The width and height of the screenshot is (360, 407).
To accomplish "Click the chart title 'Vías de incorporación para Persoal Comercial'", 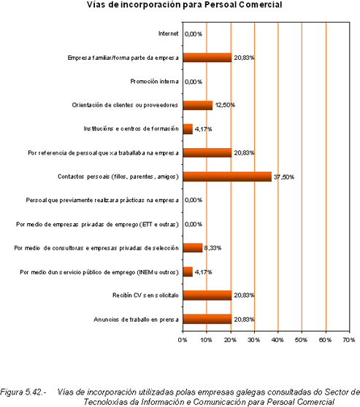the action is (x=184, y=4).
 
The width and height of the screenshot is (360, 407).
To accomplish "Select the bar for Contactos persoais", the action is (x=227, y=177).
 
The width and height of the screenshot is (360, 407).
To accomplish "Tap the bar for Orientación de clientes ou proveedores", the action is (x=198, y=105).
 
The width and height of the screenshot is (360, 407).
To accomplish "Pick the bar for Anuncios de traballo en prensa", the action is (x=207, y=319).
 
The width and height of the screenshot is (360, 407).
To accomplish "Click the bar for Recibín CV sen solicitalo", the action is (x=207, y=295).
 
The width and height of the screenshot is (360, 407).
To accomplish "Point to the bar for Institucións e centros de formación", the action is (x=188, y=129).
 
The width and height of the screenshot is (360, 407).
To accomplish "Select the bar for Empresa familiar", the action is (x=207, y=58).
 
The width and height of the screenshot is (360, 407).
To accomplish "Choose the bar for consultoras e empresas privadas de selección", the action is (x=193, y=247).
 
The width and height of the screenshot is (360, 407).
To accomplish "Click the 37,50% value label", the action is (x=284, y=177).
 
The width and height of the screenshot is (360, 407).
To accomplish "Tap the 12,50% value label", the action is (x=225, y=105).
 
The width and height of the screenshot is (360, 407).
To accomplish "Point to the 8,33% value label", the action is (x=212, y=248).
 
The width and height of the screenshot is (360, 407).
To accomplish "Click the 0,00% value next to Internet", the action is (x=194, y=34).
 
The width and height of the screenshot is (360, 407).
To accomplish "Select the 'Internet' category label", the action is (x=169, y=34).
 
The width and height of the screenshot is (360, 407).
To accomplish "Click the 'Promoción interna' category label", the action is (x=154, y=82).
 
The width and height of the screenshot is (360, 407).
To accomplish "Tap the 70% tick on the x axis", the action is (x=349, y=340).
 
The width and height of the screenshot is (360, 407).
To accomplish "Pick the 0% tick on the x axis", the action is (x=183, y=340).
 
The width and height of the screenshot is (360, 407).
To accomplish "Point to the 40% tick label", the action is (x=277, y=340).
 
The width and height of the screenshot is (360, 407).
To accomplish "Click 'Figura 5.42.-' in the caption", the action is (x=23, y=392).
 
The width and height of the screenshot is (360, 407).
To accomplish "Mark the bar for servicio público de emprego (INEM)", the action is (x=188, y=272).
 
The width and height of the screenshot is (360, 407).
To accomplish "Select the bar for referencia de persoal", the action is (x=207, y=152).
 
